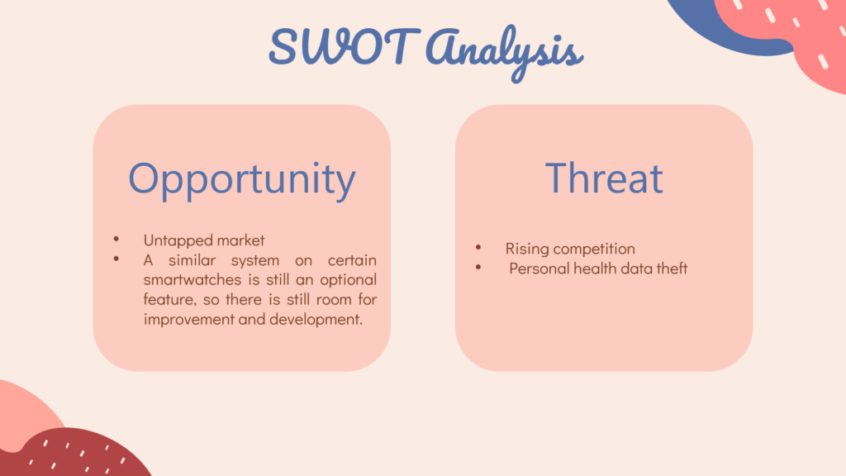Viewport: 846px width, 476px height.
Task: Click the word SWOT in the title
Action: pyautogui.click(x=345, y=47)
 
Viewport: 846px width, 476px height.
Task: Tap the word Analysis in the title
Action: pyautogui.click(x=505, y=53)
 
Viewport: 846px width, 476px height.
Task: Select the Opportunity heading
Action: pyautogui.click(x=242, y=179)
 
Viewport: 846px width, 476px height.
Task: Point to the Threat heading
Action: pyautogui.click(x=604, y=178)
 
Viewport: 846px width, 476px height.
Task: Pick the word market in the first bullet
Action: pyautogui.click(x=240, y=240)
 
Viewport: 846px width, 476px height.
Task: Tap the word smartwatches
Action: pyautogui.click(x=192, y=279)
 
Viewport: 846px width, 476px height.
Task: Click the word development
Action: pyautogui.click(x=316, y=320)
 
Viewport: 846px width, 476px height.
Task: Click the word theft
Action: pyautogui.click(x=672, y=269)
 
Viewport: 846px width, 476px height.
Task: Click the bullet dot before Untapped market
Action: pyautogui.click(x=116, y=239)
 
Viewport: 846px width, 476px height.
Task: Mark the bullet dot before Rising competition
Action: pyautogui.click(x=478, y=248)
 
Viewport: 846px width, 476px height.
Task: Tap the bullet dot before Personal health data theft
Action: pyautogui.click(x=478, y=267)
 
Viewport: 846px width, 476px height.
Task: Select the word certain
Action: pyautogui.click(x=352, y=260)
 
